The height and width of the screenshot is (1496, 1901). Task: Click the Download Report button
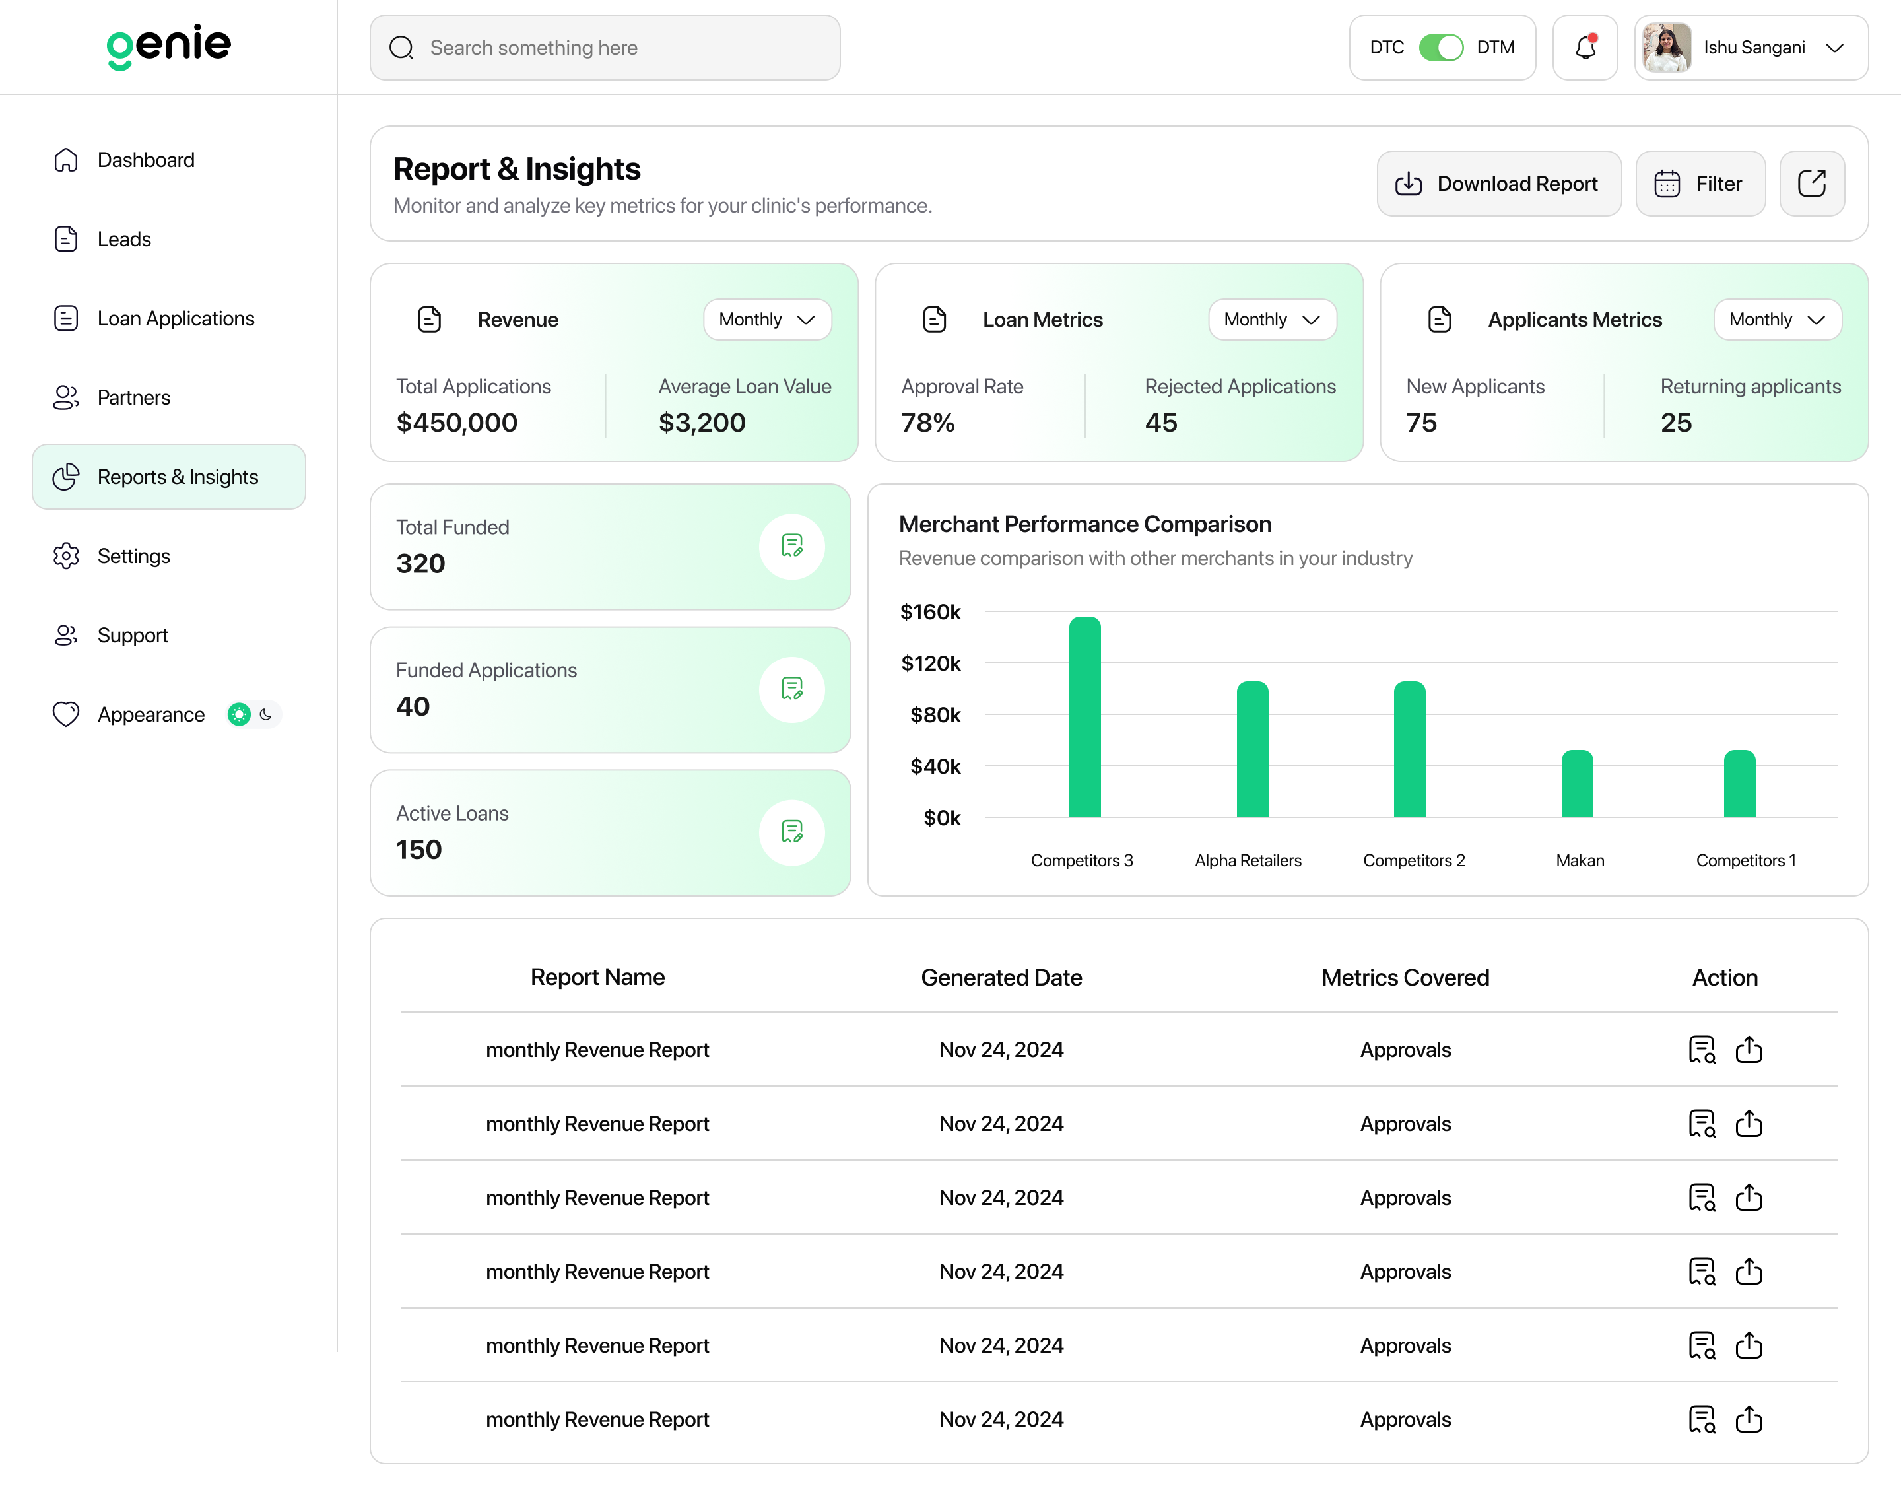tap(1498, 184)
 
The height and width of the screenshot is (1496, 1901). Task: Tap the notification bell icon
tap(1585, 48)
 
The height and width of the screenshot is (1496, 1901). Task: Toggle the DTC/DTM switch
tap(1440, 48)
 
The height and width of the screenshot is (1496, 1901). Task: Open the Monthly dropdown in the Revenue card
tap(767, 320)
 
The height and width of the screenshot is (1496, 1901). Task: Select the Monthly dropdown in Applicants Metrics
tap(1777, 320)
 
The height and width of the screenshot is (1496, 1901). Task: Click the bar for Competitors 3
tap(1085, 716)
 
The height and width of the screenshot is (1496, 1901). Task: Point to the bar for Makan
tap(1577, 783)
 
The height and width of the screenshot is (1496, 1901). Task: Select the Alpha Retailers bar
tap(1252, 749)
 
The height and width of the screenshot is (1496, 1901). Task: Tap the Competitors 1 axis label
tap(1745, 860)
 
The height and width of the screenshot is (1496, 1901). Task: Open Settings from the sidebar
tap(134, 556)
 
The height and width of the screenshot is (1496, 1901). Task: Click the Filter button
tap(1700, 184)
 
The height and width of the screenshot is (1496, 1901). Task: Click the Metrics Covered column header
tap(1405, 978)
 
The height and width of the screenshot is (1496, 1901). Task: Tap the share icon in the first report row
tap(1749, 1049)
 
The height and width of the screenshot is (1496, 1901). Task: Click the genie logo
tap(169, 46)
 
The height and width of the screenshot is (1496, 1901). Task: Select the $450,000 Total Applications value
tap(457, 423)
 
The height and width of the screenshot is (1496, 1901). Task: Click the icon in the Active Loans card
tap(791, 832)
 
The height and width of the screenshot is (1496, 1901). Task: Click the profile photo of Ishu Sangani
tap(1666, 48)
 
